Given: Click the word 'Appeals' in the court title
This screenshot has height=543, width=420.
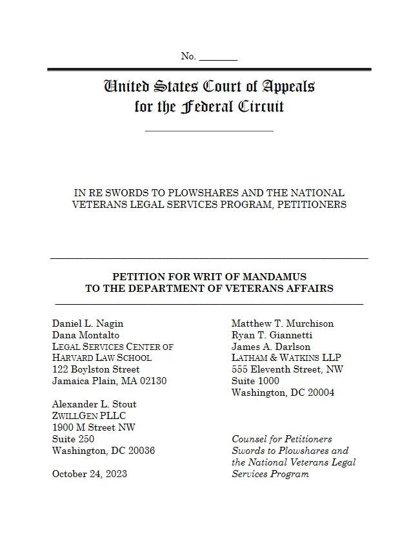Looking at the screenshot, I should point(288,86).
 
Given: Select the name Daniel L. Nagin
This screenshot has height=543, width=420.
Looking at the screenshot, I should point(88,323).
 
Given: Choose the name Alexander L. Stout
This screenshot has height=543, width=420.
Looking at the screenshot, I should point(94,404).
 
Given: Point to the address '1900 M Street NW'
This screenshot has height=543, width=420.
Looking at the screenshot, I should point(94,427).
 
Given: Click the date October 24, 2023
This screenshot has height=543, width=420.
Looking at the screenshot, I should point(90,474).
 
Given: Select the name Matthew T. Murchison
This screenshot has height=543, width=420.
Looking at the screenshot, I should point(283,323).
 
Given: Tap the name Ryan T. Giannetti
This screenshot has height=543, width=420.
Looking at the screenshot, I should point(272,335).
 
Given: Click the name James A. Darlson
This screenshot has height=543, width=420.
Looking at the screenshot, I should point(271,347).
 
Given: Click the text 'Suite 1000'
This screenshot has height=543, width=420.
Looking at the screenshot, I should point(255,381).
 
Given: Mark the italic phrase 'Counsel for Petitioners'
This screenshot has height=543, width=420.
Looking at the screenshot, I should point(282,439).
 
